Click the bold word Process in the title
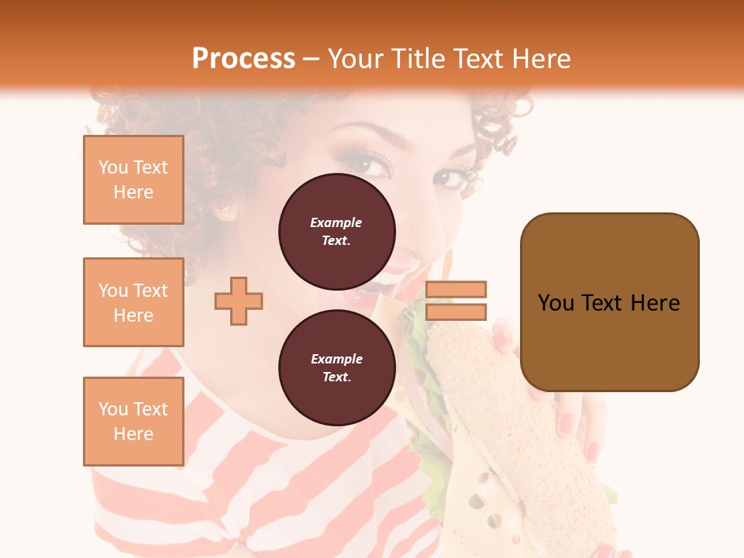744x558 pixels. coord(243,59)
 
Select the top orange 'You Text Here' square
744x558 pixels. coord(133,180)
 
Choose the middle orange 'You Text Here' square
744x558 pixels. coord(133,302)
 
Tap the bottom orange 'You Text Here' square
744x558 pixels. coord(133,422)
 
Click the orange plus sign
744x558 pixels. coord(239,301)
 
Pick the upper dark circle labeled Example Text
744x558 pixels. coord(336,231)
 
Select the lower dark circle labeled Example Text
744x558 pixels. coord(336,367)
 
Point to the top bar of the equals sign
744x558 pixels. coord(456,289)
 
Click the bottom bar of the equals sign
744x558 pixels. coord(456,312)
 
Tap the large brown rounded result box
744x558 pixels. coord(609,301)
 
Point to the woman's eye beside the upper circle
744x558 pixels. coord(373,163)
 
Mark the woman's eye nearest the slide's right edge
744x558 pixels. coord(452,178)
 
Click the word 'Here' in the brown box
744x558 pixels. coord(655,303)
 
